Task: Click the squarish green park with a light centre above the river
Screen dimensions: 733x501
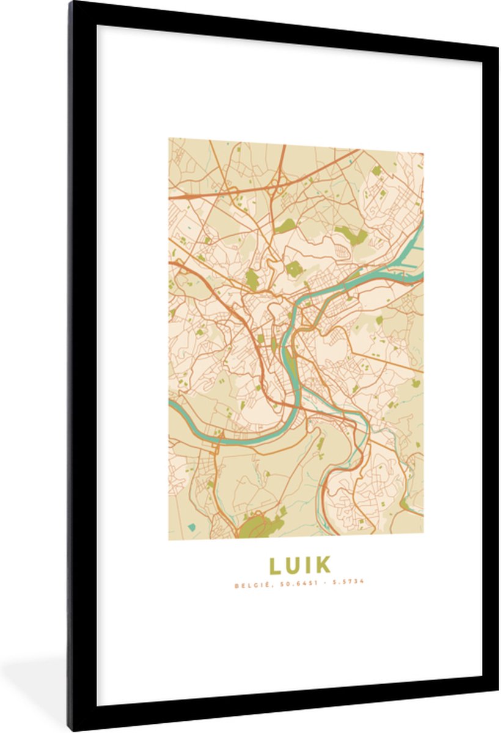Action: pyautogui.click(x=294, y=269)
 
